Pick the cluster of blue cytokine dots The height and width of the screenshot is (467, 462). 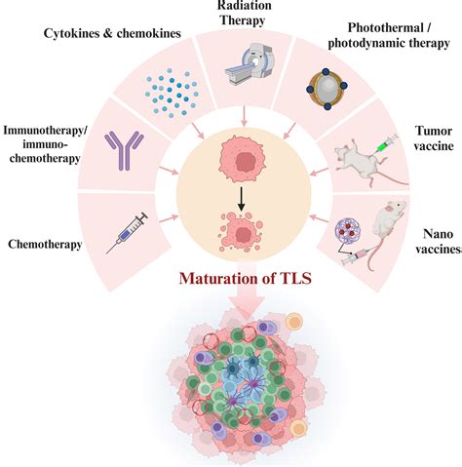click(162, 88)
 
